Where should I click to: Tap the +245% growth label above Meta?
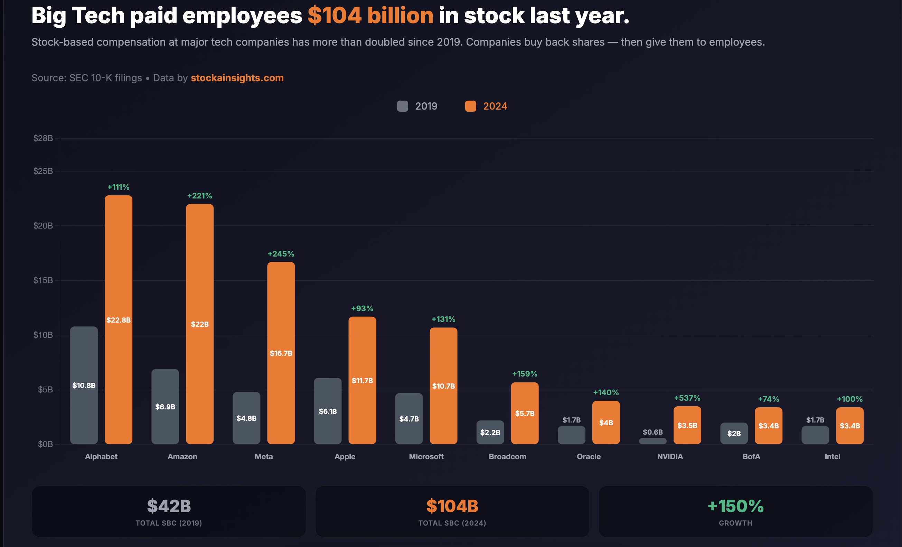pos(281,254)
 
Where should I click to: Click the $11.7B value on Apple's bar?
pos(362,381)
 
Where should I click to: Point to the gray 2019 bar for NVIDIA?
pos(652,441)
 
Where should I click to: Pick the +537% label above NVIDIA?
pos(687,398)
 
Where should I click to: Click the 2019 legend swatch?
pos(402,106)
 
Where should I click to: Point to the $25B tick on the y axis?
pos(43,171)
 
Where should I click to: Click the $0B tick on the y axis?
pos(45,444)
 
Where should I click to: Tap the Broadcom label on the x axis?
pos(507,456)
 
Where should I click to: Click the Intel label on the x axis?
pos(832,456)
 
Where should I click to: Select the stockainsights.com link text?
pos(237,78)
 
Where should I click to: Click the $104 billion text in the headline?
pos(370,16)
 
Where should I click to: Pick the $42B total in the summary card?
pos(169,506)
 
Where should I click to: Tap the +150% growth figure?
pos(735,506)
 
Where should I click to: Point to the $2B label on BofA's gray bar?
pos(734,434)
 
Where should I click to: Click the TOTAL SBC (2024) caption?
pos(452,523)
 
